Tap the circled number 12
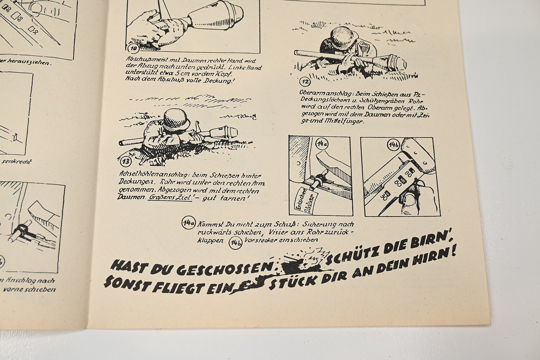point(306,81)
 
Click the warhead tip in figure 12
point(404,64)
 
